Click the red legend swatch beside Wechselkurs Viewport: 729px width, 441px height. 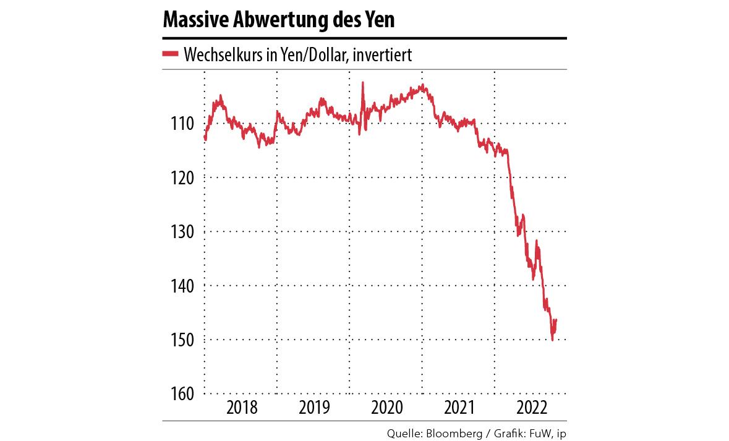171,54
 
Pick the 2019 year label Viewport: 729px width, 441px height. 313,408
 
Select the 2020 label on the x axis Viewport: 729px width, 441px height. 386,408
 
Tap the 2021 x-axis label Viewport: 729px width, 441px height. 459,408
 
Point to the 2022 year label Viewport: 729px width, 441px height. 531,408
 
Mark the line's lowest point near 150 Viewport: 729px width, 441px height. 552,340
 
